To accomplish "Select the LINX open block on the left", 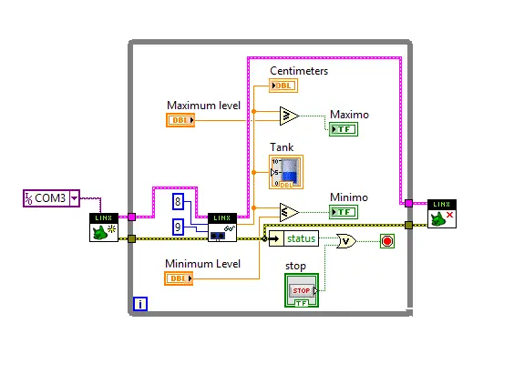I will point(104,227).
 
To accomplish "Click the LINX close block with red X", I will point(442,214).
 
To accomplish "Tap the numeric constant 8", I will point(179,201).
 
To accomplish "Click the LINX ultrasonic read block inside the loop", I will point(221,227).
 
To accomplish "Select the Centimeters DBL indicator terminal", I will point(283,86).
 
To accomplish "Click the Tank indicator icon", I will point(286,171).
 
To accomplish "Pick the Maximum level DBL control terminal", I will point(180,120).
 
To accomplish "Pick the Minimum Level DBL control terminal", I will point(179,278).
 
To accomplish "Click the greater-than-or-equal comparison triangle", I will point(289,115).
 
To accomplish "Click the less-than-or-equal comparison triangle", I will point(289,212).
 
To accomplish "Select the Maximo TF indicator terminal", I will point(343,128).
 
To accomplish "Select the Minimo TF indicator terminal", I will point(343,212).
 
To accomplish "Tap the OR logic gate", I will point(346,241).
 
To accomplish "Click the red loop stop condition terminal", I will point(386,241).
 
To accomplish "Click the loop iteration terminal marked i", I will point(140,304).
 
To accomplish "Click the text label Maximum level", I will point(204,105).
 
